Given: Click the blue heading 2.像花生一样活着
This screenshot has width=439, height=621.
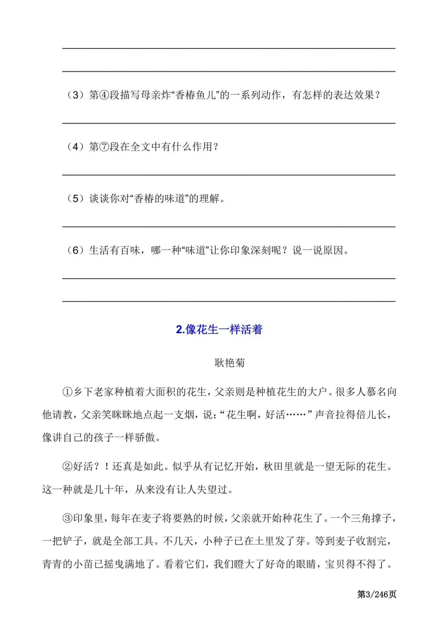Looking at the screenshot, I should [219, 329].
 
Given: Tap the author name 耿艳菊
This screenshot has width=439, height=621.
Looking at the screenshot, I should [230, 363].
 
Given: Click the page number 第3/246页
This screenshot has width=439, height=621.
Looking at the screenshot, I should [376, 595].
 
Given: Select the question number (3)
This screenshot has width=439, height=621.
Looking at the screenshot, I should [76, 95].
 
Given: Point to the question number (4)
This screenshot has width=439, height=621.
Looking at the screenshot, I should [76, 147].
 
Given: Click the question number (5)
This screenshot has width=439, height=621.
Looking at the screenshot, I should [76, 198].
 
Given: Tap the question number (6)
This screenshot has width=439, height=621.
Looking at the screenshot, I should [76, 250].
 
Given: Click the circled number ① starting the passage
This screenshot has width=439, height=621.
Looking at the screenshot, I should [67, 392].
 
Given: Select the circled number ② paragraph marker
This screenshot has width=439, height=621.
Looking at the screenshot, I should [67, 466].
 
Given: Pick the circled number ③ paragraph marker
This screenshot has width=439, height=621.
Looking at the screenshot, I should [67, 518].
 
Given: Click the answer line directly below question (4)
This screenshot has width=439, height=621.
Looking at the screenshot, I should [228, 175].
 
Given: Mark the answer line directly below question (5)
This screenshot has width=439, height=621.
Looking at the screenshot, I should [228, 227].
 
